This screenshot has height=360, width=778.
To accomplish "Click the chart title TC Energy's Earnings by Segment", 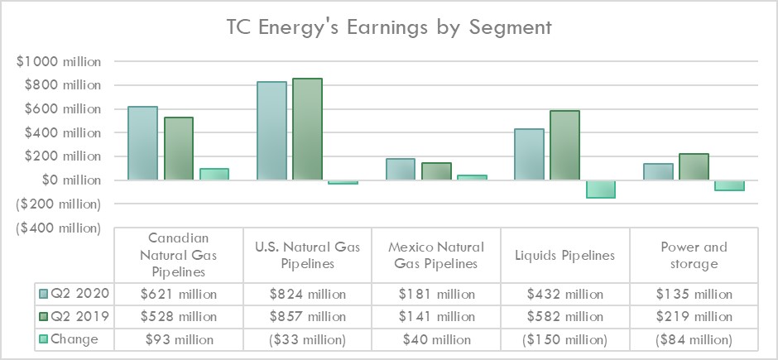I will (x=388, y=28).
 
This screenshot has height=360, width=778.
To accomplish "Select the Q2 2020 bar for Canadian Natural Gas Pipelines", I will (x=143, y=143).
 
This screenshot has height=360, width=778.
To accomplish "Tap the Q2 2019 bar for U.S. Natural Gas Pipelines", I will (x=307, y=129).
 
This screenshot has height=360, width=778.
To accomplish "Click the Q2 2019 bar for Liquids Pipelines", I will (x=564, y=146).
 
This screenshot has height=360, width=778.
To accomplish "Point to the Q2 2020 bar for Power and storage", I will (x=658, y=171).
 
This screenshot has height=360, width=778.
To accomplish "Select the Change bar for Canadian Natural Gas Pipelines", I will (x=214, y=174).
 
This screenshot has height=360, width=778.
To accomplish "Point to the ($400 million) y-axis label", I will (x=58, y=228).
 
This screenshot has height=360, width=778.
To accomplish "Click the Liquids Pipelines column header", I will (x=564, y=255).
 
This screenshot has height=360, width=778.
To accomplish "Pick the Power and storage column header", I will (x=694, y=255).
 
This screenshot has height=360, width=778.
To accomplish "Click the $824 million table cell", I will (x=307, y=294).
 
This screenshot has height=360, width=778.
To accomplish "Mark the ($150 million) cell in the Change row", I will (x=564, y=339).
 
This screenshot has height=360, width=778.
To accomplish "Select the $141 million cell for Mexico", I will (x=436, y=317).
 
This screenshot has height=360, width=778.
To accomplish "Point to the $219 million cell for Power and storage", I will (x=694, y=317).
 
